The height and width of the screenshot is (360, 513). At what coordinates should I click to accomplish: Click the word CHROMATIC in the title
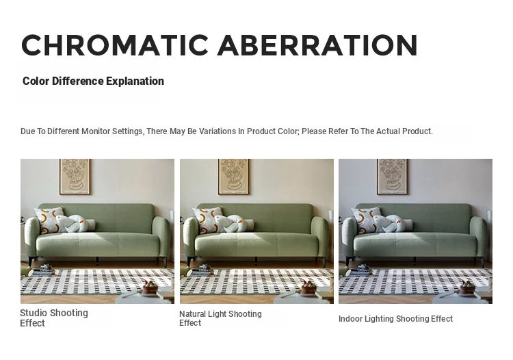click(115, 45)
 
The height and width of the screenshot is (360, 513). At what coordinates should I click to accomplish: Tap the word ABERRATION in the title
click(317, 45)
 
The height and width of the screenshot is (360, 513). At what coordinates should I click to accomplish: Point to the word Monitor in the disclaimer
click(96, 131)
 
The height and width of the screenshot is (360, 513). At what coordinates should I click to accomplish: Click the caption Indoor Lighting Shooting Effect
click(395, 319)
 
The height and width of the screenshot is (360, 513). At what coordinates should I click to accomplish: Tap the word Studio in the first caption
click(34, 313)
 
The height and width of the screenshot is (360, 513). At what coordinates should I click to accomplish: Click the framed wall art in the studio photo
click(75, 177)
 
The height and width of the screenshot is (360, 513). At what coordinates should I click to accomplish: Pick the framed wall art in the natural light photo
click(233, 177)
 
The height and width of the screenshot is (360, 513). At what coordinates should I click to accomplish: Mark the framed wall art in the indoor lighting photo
click(392, 177)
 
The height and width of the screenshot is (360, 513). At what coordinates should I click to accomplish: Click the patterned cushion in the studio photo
click(49, 219)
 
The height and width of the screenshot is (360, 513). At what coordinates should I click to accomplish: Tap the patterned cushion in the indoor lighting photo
click(366, 219)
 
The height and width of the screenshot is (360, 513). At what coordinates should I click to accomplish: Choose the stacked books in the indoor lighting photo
click(361, 270)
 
